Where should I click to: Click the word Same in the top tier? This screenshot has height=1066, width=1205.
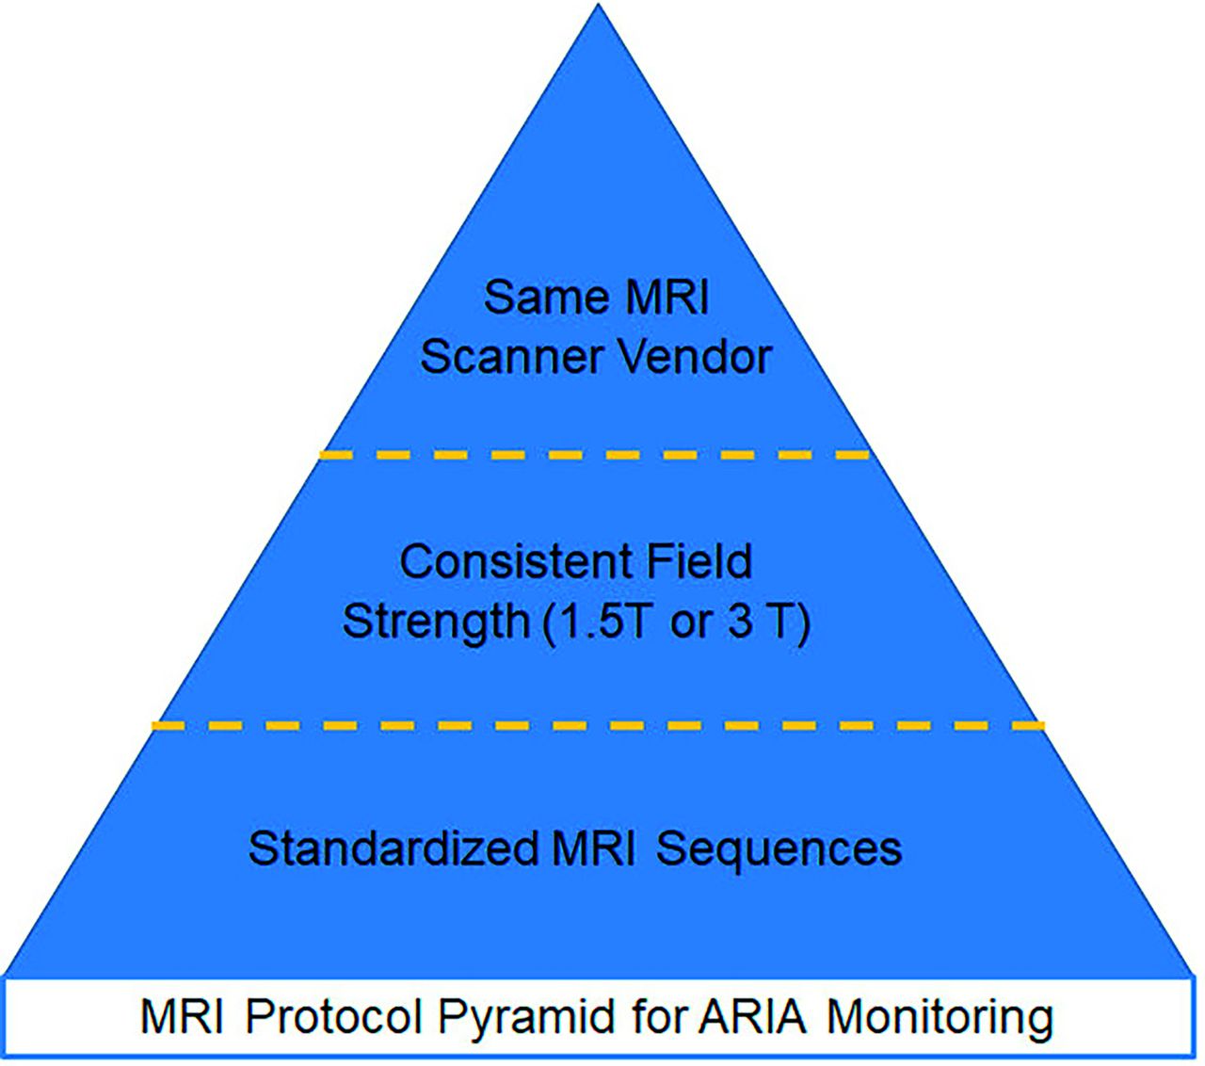click(x=546, y=298)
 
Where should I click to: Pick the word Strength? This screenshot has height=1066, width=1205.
click(x=436, y=622)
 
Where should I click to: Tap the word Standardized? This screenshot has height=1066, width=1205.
click(x=394, y=848)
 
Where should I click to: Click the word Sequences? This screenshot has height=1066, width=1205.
click(x=779, y=849)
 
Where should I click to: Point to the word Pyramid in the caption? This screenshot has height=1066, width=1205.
click(x=525, y=1021)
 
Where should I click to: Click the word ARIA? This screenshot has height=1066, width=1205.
click(x=753, y=1017)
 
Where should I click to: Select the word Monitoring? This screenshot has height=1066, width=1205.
click(x=940, y=1021)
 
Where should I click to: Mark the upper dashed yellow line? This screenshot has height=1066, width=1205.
click(x=595, y=455)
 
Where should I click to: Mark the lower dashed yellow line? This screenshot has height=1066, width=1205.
click(x=598, y=726)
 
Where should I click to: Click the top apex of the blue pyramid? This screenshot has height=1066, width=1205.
click(x=599, y=4)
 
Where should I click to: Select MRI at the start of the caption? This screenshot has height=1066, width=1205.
click(x=182, y=1017)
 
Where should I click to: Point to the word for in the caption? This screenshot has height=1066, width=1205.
click(x=655, y=1017)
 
